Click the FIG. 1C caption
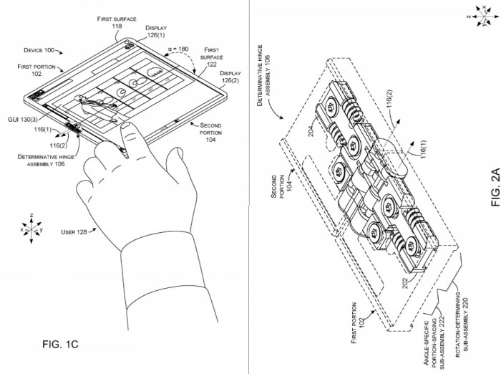coord(60,344)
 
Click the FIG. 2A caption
coord(495,187)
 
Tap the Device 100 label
coord(39,50)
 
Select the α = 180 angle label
coord(178,49)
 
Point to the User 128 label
coord(74,232)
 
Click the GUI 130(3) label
coord(23,120)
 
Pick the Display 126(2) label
coord(230,77)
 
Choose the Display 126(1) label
coord(156,32)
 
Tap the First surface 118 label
coord(117,22)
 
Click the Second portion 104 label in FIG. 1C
coord(210,133)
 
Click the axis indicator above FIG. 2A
coord(484,16)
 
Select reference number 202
coord(405,283)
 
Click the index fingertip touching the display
coord(127,125)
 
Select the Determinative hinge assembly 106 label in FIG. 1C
coord(46,160)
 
